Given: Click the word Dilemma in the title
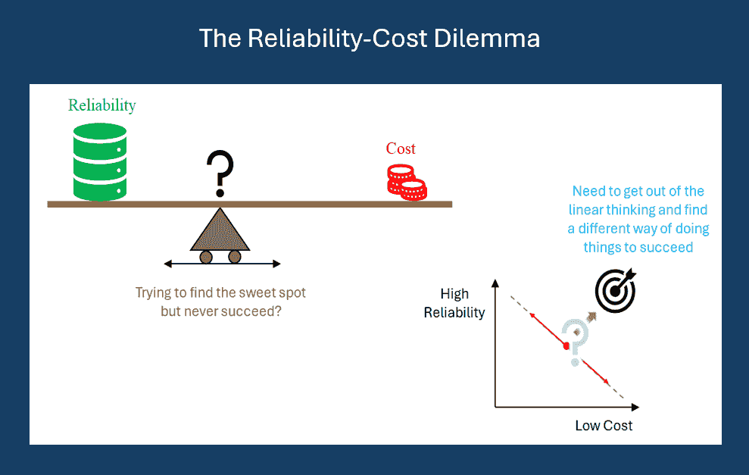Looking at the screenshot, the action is click(x=487, y=38).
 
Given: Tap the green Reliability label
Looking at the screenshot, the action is click(x=101, y=105).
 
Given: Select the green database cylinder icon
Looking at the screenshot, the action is click(x=100, y=161).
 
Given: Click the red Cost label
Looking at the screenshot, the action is click(x=401, y=148).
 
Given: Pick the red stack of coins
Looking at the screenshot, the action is click(x=407, y=182).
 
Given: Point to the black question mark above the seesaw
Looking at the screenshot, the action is click(x=220, y=173).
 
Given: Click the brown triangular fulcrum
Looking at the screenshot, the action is click(x=220, y=230).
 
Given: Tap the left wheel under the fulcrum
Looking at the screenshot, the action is click(x=206, y=257).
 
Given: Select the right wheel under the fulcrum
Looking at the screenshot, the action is click(x=235, y=257).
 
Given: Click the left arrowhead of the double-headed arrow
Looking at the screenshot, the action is click(x=167, y=264).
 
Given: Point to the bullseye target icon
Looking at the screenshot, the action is click(x=616, y=291).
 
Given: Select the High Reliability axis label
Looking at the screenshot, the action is click(x=454, y=303).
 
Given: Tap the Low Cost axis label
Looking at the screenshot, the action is click(x=604, y=425).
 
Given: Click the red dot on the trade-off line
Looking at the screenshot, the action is click(x=566, y=345).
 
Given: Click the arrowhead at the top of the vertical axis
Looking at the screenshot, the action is click(x=495, y=283).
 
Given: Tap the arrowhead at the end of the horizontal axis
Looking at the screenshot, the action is click(x=635, y=407).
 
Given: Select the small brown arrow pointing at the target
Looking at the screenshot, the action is click(x=591, y=317).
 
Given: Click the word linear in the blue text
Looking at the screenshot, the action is click(x=585, y=210).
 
